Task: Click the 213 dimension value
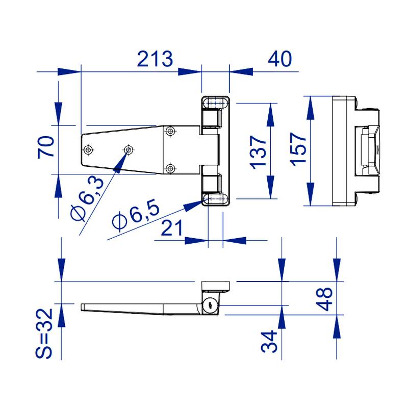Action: pos(155,59)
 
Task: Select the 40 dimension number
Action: pos(280,59)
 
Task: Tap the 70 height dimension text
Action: pos(46,147)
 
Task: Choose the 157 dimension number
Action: pos(298,149)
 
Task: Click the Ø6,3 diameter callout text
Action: pos(87,198)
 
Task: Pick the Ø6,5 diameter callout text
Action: pos(136,215)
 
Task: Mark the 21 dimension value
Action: pos(172,227)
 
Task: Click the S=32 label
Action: pos(44,334)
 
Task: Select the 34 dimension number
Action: pos(269,341)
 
